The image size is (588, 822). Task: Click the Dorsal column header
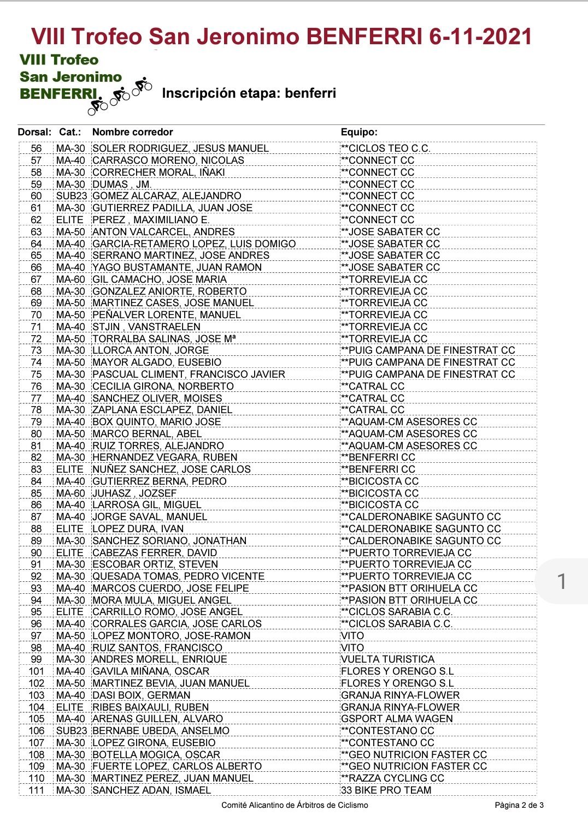pos(34,132)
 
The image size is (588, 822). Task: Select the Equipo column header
pos(359,132)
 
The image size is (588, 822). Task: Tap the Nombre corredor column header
pos(132,132)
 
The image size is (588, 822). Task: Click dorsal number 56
pos(36,148)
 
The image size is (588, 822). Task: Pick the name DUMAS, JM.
pos(122,184)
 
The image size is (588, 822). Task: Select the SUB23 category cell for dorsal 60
pos(71,196)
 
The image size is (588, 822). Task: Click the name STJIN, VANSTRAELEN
pos(146,327)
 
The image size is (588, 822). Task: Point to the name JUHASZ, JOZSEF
pos(134,493)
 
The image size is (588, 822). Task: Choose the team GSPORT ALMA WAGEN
pos(397,719)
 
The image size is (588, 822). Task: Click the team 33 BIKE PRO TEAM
pos(386,790)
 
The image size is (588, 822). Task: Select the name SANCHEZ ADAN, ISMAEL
pos(151,790)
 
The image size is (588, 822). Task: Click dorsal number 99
pos(36,659)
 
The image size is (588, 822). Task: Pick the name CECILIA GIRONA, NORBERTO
pos(163,386)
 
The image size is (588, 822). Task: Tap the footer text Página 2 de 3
pos(519,805)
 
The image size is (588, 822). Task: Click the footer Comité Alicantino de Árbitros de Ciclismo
pos(295,805)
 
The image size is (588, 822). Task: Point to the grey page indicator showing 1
pos(561,581)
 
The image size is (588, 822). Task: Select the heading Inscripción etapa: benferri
pos(249,93)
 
